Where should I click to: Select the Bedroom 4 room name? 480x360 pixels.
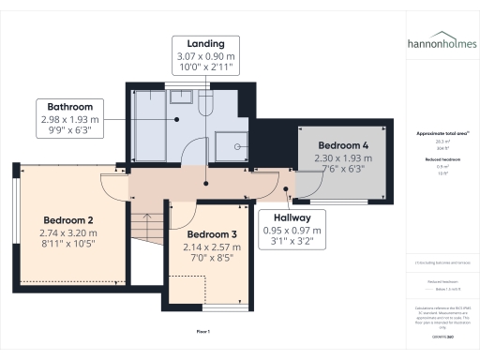tap(342, 146)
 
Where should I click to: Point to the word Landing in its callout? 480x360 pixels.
tap(205, 44)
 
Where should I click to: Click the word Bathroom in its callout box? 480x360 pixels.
tap(69, 107)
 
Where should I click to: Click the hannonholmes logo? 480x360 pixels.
tap(441, 44)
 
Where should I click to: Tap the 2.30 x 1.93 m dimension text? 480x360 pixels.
tap(342, 158)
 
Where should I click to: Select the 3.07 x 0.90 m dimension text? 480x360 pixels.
tap(205, 56)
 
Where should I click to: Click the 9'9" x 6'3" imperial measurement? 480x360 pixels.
tap(69, 131)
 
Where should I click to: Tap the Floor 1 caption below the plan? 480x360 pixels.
tap(202, 332)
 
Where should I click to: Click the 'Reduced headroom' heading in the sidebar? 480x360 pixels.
tap(441, 160)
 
